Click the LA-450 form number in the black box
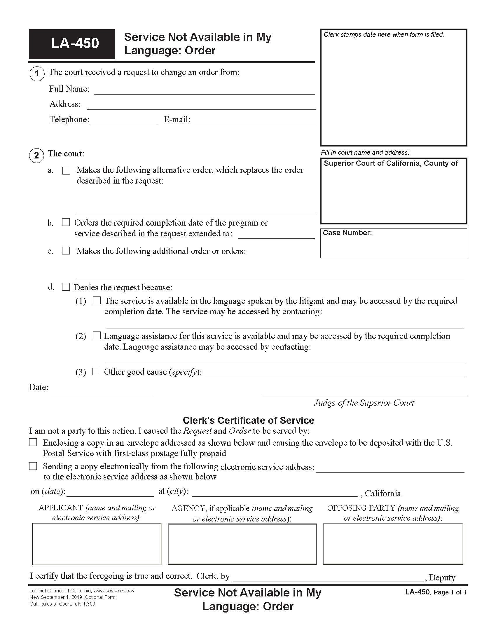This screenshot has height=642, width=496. coord(75,43)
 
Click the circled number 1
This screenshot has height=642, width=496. coord(37,73)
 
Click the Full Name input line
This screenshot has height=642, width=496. coord(204,90)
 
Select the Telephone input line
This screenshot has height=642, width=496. coord(124,121)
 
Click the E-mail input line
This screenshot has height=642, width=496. coord(254,121)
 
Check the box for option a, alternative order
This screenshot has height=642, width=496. coord(67,170)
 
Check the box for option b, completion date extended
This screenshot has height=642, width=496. coord(66,222)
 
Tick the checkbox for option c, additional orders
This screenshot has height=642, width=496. coord(66,250)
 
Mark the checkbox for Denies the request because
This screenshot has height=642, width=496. coord(66,287)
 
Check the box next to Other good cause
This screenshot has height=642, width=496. coord(96,371)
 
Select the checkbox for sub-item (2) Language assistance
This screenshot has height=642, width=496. coord(97,335)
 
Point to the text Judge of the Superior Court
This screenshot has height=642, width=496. coord(364,403)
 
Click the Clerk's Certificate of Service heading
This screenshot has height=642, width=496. coord(248,420)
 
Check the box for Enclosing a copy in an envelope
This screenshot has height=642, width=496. coord(33,442)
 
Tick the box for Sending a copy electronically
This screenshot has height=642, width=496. coord(33,466)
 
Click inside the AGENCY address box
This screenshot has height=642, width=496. coord(242,544)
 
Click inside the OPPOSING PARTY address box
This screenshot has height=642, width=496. coord(393,544)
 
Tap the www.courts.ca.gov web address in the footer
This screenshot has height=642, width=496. coord(114,591)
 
